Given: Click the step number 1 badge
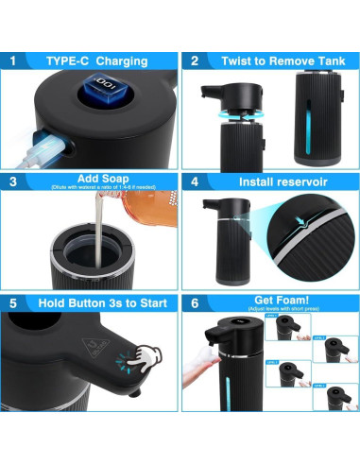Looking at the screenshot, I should [13, 60].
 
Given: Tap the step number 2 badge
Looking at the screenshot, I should [194, 60].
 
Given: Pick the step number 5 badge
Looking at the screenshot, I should [13, 302].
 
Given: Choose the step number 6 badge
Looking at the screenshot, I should [194, 302].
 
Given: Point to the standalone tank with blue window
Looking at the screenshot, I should [313, 118].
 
